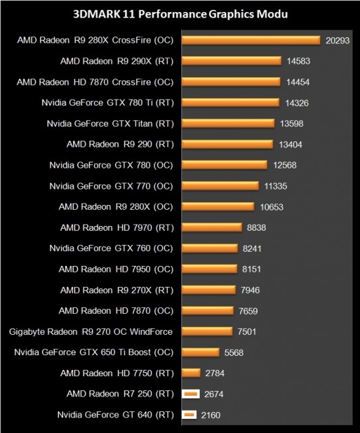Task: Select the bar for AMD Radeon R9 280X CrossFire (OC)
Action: (x=250, y=41)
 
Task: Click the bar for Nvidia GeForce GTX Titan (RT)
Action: (x=228, y=123)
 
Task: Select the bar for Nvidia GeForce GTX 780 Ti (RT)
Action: (x=231, y=103)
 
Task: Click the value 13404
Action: (x=292, y=144)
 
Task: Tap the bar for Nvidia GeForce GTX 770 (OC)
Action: (x=221, y=185)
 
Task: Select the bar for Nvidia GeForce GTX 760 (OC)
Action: (x=210, y=248)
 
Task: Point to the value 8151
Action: (x=254, y=269)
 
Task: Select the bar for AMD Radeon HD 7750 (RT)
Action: (x=192, y=373)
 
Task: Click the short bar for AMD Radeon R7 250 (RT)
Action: (x=189, y=393)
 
